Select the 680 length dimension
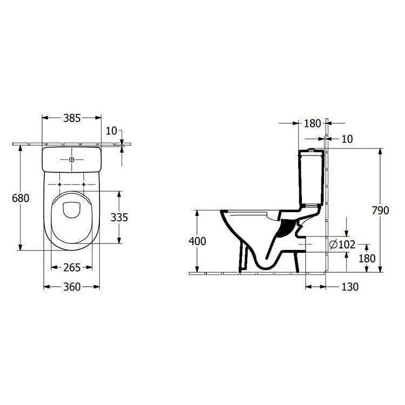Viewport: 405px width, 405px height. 21,198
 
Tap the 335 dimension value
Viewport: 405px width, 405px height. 119,217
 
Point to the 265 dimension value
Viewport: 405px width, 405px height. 71,267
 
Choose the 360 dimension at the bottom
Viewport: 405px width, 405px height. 71,287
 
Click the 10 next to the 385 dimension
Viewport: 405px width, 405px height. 112,131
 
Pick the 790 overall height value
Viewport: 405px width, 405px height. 380,211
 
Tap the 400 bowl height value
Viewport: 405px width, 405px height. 197,241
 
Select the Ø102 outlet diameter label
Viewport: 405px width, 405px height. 342,245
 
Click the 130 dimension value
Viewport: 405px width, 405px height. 349,287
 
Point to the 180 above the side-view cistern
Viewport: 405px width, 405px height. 312,124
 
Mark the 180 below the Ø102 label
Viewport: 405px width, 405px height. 367,258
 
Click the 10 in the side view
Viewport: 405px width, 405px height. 347,139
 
